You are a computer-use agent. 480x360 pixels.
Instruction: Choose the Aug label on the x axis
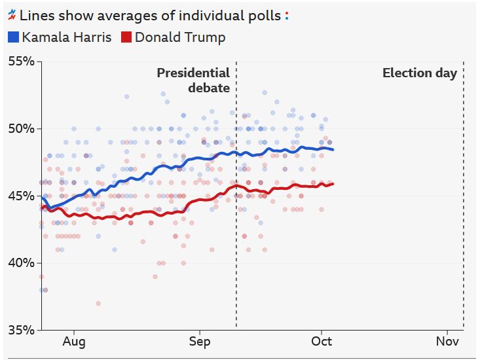pyautogui.click(x=73, y=342)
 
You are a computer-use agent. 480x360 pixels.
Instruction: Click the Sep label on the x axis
pyautogui.click(x=200, y=342)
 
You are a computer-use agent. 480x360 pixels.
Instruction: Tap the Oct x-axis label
pyautogui.click(x=322, y=342)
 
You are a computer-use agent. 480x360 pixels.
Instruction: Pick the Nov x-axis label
pyautogui.click(x=447, y=342)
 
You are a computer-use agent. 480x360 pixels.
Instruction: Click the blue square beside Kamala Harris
pyautogui.click(x=13, y=37)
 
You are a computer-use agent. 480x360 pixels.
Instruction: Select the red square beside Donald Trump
pyautogui.click(x=126, y=37)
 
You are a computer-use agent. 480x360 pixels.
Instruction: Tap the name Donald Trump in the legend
pyautogui.click(x=180, y=37)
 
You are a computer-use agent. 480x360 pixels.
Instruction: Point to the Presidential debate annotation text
pyautogui.click(x=193, y=80)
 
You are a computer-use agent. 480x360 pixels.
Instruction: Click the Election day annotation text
pyautogui.click(x=420, y=73)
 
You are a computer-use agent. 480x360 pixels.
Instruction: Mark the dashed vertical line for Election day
pyautogui.click(x=464, y=196)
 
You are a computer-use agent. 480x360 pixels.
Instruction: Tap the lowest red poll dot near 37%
pyautogui.click(x=98, y=303)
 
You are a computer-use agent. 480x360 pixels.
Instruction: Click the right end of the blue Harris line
pyautogui.click(x=333, y=150)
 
